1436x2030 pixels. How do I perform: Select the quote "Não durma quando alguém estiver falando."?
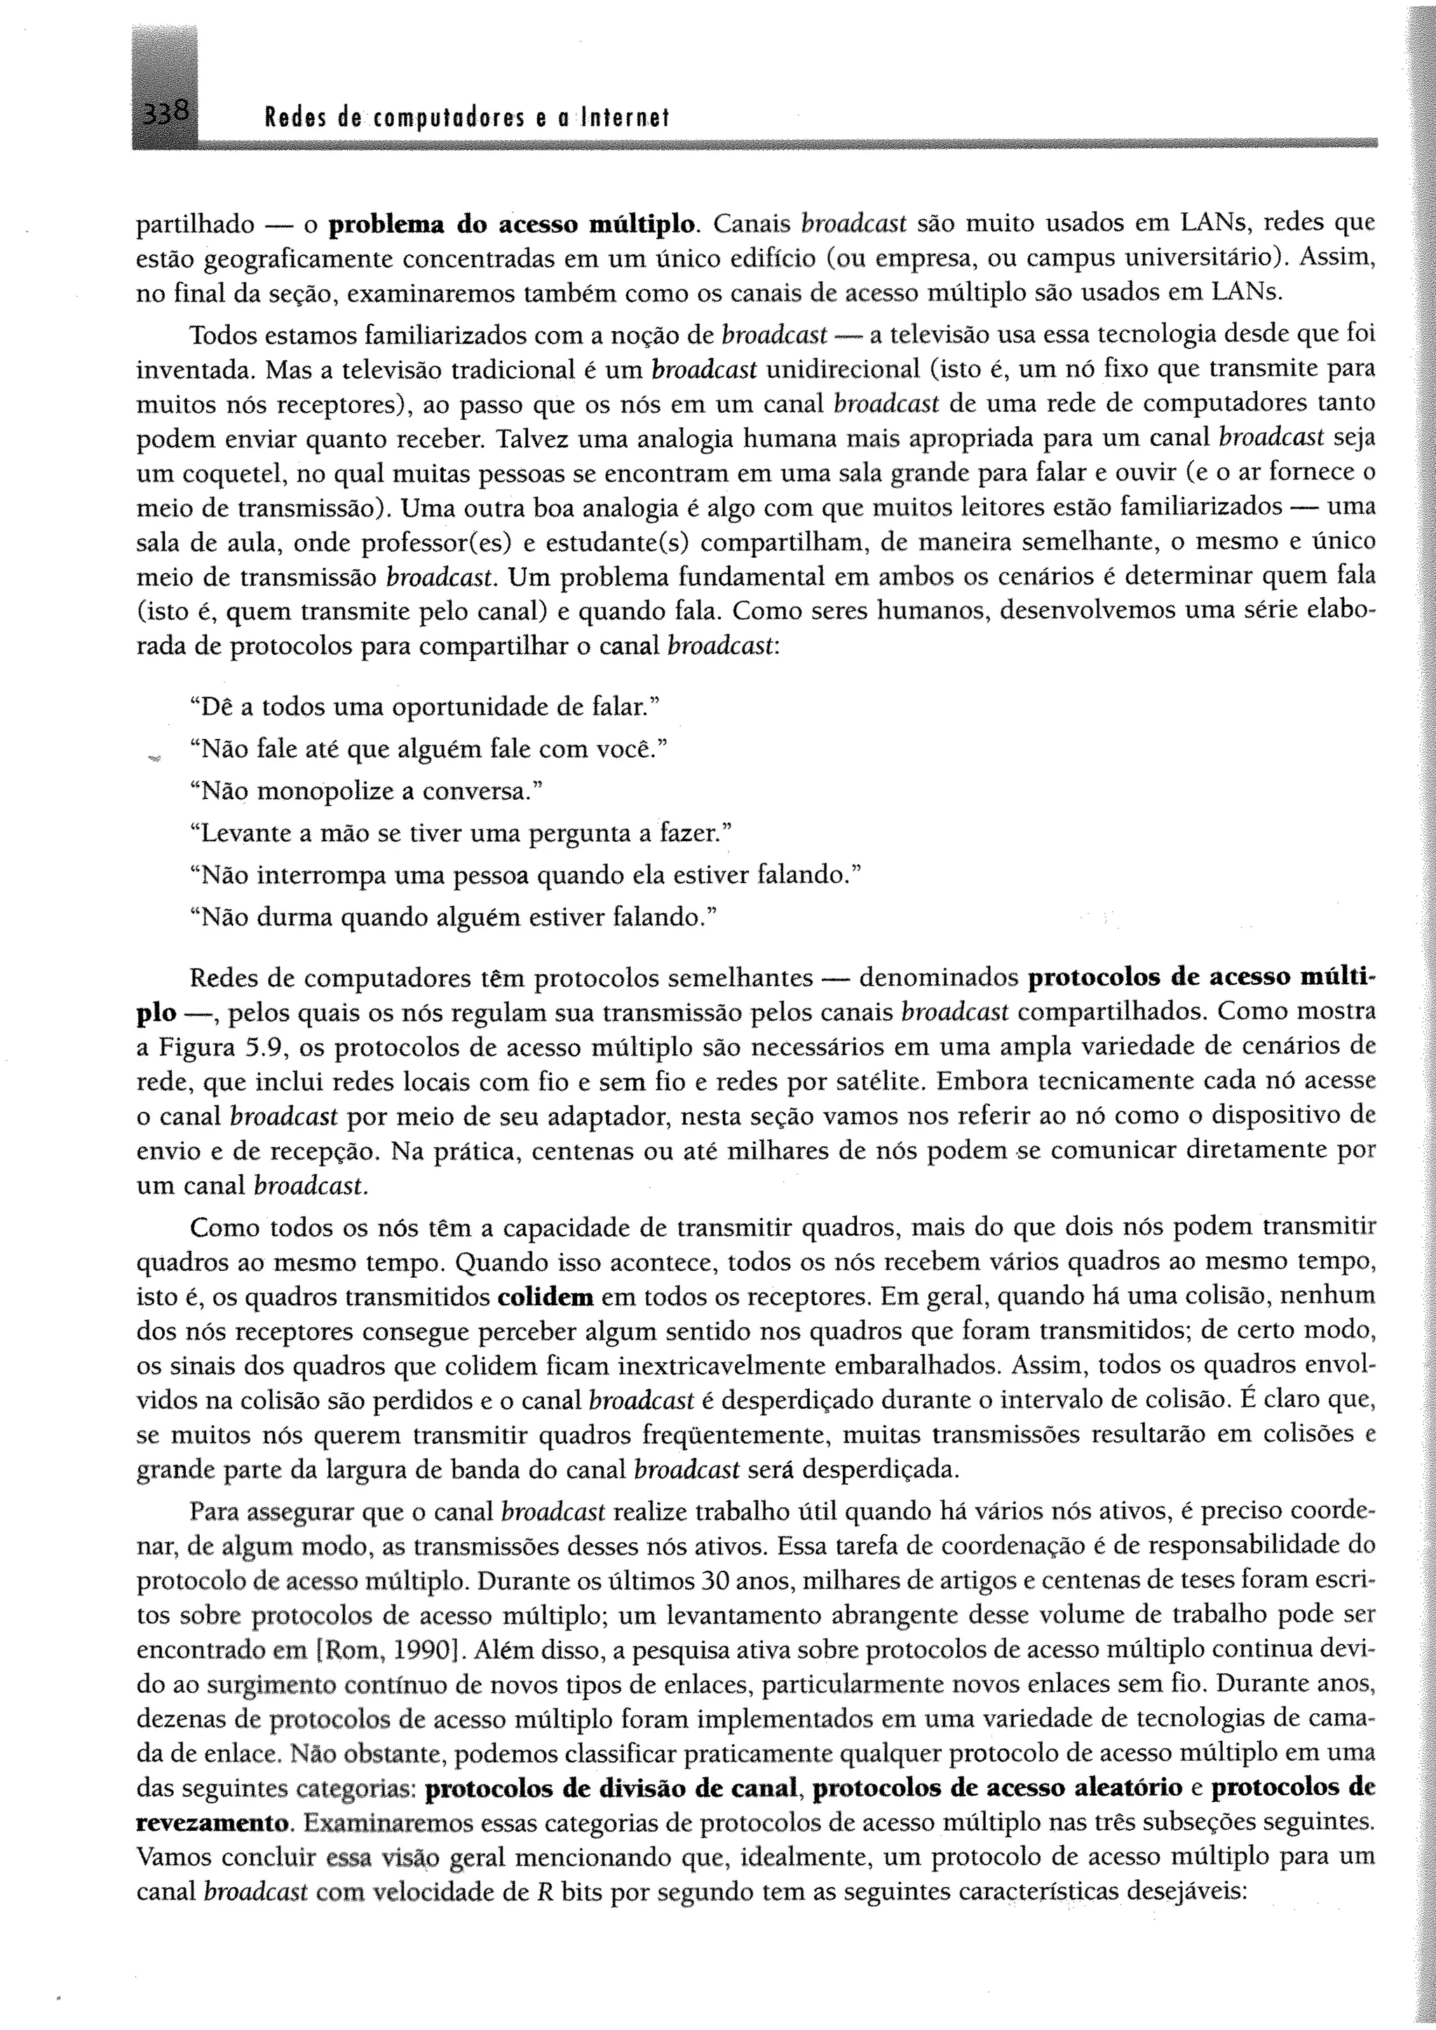tap(453, 918)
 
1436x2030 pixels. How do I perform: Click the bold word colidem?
tap(546, 1298)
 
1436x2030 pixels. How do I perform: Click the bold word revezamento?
tap(213, 1823)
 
